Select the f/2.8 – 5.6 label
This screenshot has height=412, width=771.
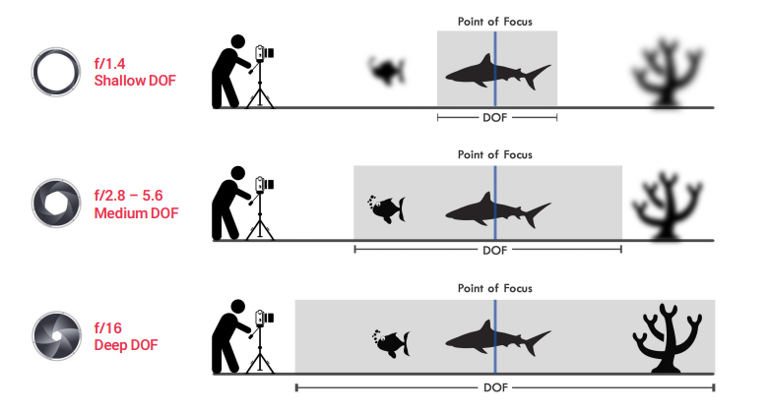point(134,196)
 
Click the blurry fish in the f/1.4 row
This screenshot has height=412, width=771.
point(388,69)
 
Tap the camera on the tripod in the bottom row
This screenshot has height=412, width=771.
point(263,319)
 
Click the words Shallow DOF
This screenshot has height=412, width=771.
point(135,80)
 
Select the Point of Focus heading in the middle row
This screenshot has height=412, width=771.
point(494,154)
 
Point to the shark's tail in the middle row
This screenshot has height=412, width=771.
point(539,208)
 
